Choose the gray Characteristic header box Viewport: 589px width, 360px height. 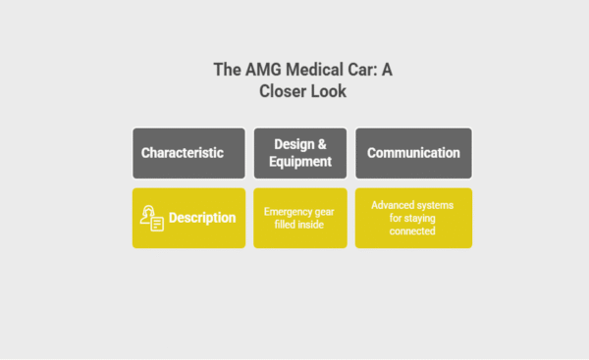point(188,153)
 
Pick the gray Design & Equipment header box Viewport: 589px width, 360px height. point(299,153)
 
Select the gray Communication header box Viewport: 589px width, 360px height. point(413,153)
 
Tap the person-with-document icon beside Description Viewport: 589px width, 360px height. point(151,218)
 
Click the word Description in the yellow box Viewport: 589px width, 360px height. point(202,218)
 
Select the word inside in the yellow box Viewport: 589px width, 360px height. point(313,226)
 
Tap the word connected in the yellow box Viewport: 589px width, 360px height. point(413,231)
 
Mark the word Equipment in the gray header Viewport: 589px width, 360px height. point(299,162)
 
